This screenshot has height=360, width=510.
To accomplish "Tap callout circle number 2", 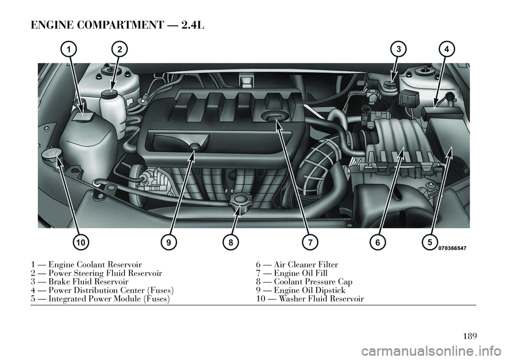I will (120, 49).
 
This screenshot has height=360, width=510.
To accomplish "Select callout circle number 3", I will (397, 49).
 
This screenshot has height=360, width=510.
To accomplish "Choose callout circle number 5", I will (429, 242).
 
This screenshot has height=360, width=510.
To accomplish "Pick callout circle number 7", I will (308, 242).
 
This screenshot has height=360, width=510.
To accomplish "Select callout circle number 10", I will (80, 242).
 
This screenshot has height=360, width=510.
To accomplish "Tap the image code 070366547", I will (453, 248).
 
